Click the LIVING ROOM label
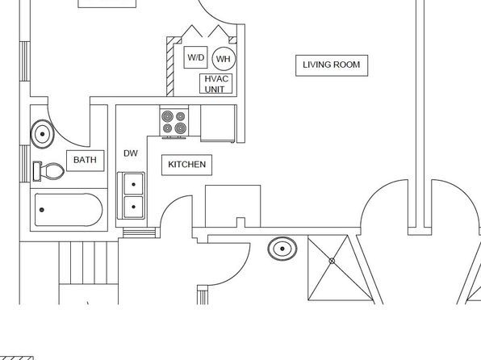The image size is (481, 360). point(332,65)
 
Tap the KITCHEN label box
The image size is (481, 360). point(186,165)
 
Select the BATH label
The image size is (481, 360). point(86,160)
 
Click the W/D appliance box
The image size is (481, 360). point(196,57)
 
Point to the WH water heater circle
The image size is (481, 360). point(224,59)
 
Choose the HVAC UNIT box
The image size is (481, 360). point(216,83)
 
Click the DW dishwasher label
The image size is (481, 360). point(131,153)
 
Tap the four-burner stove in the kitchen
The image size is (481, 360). point(174,122)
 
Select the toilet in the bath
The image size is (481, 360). point(48,171)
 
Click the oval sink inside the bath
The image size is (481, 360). point(42,134)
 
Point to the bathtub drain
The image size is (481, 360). point(42,210)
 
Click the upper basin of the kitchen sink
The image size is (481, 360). point(133,184)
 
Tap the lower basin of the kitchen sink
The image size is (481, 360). point(133,207)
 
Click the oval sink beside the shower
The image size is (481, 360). point(282,249)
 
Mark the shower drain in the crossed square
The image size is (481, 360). point(332,261)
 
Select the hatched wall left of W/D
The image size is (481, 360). point(170,67)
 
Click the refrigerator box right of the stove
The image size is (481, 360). point(219,123)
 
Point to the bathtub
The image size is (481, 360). point(69,210)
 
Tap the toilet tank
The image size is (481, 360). point(37,171)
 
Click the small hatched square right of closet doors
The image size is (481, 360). point(232,40)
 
